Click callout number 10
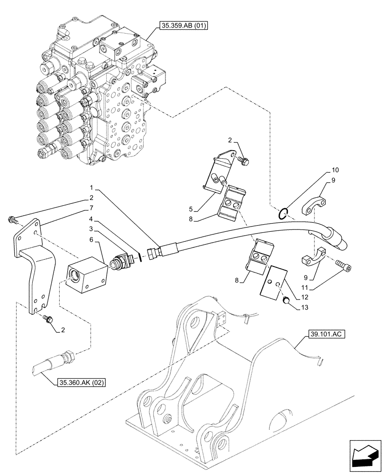click(335, 170)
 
